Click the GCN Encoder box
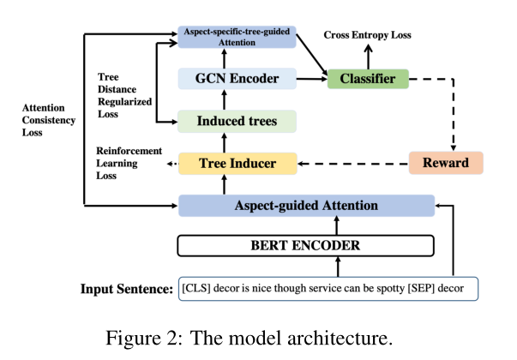(237, 80)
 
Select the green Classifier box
(366, 80)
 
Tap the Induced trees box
(237, 121)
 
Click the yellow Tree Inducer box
(237, 163)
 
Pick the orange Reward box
(446, 163)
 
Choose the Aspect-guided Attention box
(306, 206)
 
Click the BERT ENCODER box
(306, 246)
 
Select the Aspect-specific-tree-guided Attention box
(237, 36)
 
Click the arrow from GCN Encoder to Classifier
(310, 80)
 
